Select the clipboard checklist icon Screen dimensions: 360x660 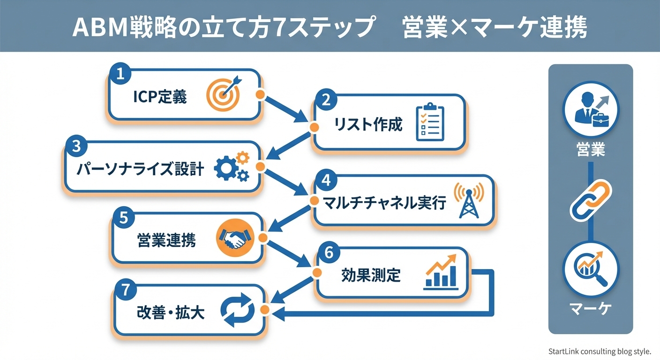(430, 123)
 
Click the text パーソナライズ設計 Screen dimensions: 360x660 (140, 169)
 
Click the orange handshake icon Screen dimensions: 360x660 (235, 239)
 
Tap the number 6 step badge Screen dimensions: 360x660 (329, 253)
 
